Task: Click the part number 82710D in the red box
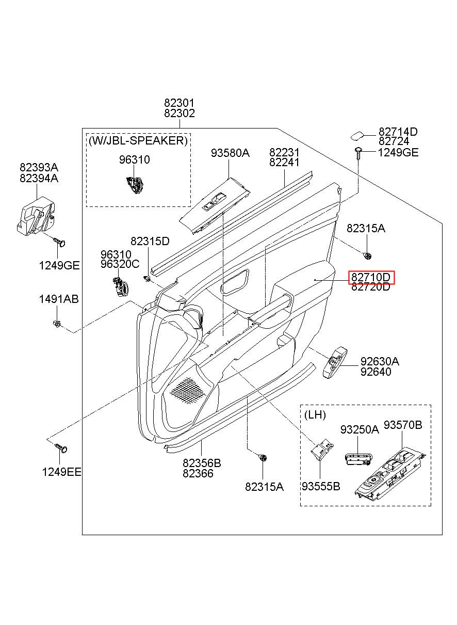point(370,277)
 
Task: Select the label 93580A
point(230,153)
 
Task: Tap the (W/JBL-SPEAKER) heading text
point(138,140)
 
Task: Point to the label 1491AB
point(59,299)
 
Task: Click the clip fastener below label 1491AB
point(57,324)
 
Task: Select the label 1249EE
point(61,472)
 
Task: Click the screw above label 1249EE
point(61,448)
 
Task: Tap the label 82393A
point(39,167)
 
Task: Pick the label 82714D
point(398,132)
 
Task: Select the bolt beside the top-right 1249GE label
point(358,153)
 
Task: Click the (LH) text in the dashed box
point(315,415)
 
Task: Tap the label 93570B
point(403,425)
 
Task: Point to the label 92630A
point(380,361)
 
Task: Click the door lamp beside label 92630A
point(335,362)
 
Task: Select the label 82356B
point(202,463)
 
